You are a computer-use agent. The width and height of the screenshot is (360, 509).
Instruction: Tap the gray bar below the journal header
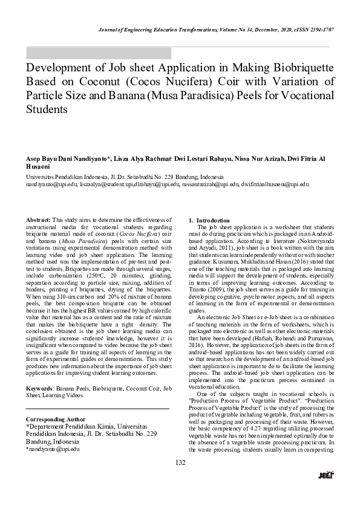pos(98,53)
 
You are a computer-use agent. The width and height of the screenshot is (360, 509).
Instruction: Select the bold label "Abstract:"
pos(38,219)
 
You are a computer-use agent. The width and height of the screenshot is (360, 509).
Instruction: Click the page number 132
pos(180,479)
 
